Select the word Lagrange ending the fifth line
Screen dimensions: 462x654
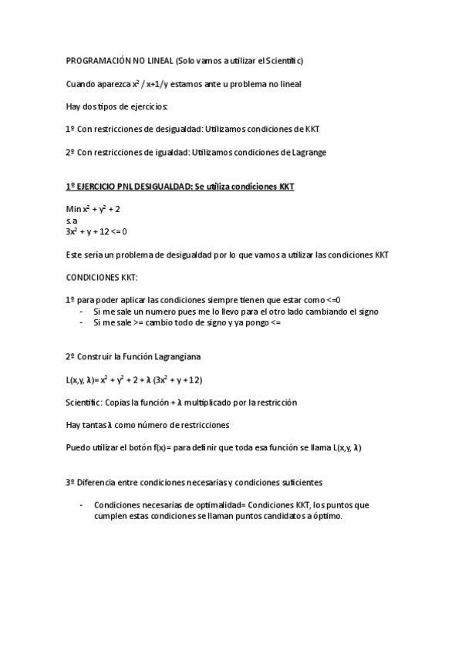[x=308, y=152]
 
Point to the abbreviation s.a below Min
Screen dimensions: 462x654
[x=72, y=220]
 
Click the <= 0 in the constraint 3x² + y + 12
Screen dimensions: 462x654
[x=119, y=231]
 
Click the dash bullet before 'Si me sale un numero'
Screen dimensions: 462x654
[x=82, y=312]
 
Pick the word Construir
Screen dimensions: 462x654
[x=96, y=356]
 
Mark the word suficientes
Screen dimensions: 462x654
[x=295, y=482]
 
